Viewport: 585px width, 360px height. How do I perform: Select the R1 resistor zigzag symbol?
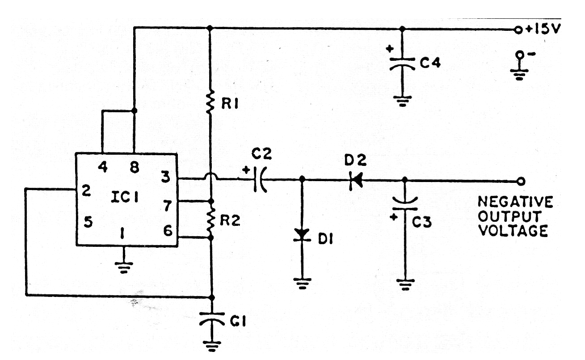pyautogui.click(x=210, y=102)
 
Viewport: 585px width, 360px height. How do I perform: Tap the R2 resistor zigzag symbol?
pyautogui.click(x=210, y=221)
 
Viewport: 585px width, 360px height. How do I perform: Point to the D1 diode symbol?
pyautogui.click(x=302, y=235)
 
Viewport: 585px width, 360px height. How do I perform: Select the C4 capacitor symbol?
pyautogui.click(x=402, y=64)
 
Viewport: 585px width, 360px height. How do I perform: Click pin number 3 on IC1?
pyautogui.click(x=166, y=177)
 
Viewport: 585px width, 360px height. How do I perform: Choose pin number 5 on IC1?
pyautogui.click(x=88, y=222)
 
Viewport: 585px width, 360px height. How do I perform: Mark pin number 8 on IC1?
pyautogui.click(x=135, y=167)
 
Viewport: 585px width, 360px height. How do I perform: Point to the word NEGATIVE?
pyautogui.click(x=515, y=202)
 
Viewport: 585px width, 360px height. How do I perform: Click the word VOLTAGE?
pyautogui.click(x=513, y=231)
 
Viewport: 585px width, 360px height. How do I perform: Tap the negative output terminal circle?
pyautogui.click(x=521, y=181)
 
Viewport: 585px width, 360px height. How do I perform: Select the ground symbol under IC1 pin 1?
pyautogui.click(x=123, y=267)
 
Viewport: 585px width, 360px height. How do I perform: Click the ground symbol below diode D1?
pyautogui.click(x=302, y=283)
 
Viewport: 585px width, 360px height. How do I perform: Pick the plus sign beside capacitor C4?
pyautogui.click(x=390, y=49)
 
